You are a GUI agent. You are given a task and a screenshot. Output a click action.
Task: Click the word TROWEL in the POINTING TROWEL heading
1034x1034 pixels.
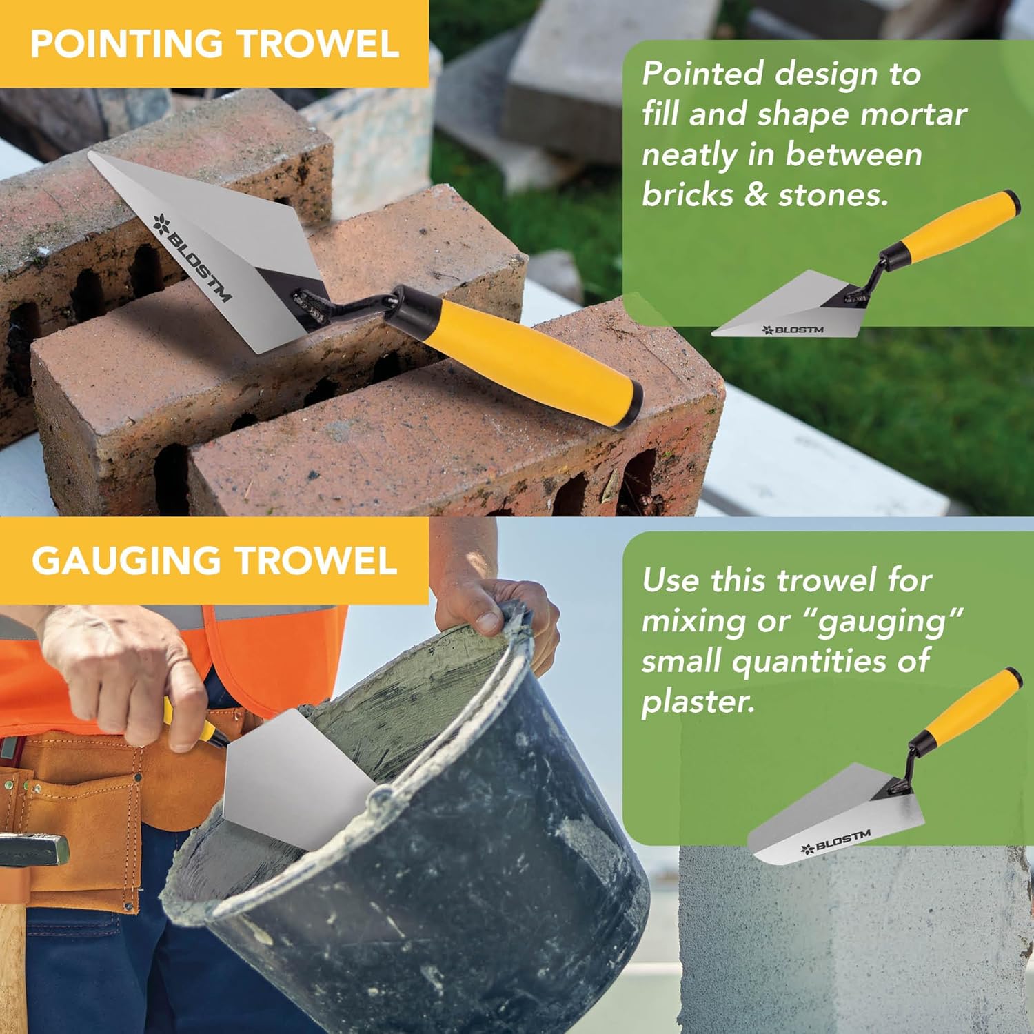pyautogui.click(x=319, y=43)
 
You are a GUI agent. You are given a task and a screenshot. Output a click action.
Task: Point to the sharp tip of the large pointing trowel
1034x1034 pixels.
pyautogui.click(x=90, y=154)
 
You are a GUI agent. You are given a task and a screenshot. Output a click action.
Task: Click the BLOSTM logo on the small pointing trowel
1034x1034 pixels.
pyautogui.click(x=792, y=330)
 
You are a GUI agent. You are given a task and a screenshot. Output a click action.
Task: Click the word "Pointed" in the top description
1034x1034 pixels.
pyautogui.click(x=702, y=74)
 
